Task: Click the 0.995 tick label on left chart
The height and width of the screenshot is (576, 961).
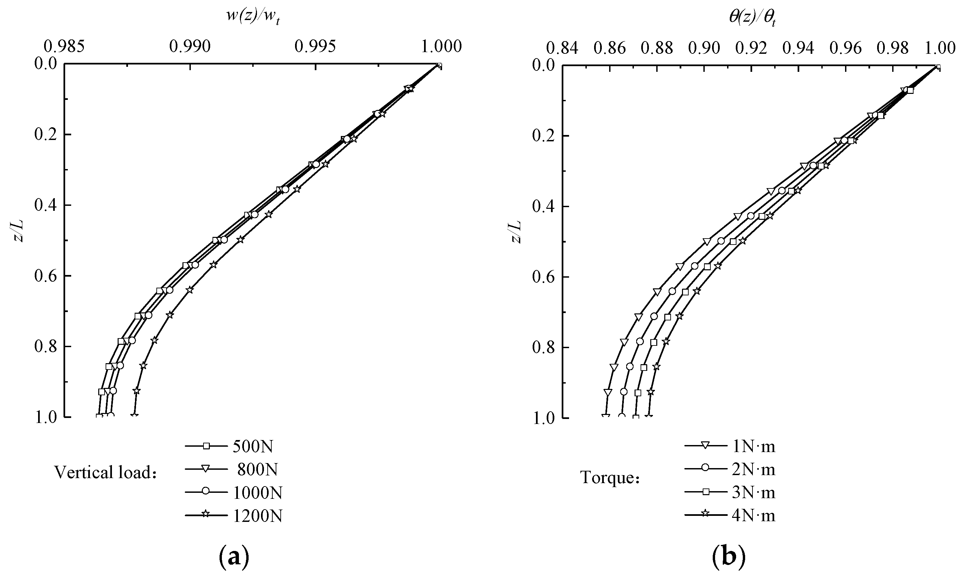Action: [315, 46]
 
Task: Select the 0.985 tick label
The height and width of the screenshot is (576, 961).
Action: [64, 46]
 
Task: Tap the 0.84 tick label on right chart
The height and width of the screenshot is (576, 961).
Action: [562, 48]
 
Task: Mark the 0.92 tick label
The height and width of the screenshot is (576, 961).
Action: [751, 48]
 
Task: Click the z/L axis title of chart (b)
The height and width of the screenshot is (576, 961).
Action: [516, 232]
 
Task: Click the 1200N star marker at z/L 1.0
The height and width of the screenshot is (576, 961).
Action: [134, 416]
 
